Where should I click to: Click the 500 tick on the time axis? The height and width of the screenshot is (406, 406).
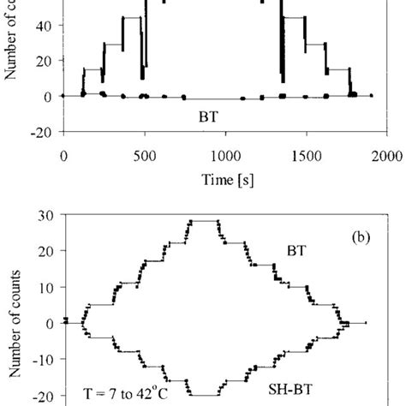tap(145, 156)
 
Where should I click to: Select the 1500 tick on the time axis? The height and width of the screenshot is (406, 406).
tap(307, 156)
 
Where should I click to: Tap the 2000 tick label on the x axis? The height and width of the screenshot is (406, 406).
tap(387, 156)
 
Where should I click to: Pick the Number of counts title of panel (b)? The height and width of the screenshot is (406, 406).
tap(12, 317)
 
